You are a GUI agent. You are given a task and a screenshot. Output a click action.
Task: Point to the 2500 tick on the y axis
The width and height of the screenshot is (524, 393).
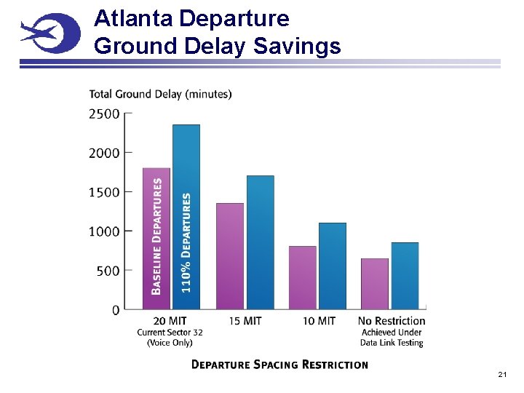[105, 114]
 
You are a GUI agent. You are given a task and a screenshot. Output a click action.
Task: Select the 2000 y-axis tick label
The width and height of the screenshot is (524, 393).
[105, 153]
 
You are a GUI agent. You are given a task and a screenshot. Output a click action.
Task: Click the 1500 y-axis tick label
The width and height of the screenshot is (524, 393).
[105, 192]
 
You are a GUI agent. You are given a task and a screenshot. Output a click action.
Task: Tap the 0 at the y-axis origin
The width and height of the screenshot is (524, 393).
[116, 310]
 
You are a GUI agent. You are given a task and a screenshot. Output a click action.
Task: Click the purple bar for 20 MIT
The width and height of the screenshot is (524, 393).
[156, 239]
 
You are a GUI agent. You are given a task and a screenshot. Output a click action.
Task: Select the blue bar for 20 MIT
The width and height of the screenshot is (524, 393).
[186, 217]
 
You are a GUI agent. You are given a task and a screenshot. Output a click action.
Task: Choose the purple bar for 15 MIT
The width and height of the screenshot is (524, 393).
[230, 256]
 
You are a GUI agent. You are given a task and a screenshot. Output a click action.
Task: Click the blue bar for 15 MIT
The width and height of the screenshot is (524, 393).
[261, 242]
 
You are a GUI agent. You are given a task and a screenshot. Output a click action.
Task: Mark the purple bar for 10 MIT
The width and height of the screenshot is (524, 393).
[303, 277]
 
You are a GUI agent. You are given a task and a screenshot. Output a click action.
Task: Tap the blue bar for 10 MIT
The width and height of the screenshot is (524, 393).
[333, 266]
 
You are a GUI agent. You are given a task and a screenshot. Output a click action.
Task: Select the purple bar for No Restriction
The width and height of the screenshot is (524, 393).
[375, 284]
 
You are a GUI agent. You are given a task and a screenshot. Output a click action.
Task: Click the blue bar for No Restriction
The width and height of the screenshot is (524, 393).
[405, 276]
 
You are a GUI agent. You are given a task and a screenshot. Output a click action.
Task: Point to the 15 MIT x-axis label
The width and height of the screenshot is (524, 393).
[245, 321]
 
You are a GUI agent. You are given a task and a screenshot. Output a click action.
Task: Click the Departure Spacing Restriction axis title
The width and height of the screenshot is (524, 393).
[279, 365]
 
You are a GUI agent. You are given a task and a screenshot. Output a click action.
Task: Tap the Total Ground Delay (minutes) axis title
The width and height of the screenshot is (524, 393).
[160, 94]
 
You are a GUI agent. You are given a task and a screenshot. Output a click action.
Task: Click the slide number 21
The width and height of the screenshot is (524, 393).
[502, 374]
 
